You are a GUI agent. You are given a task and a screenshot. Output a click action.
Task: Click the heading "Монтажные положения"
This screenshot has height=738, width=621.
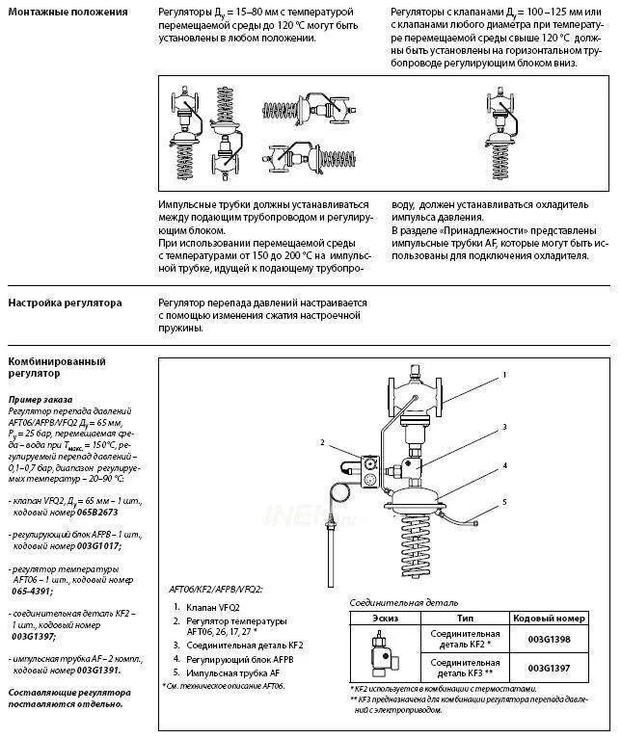[67, 13]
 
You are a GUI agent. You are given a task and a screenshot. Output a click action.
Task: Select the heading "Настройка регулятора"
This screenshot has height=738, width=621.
[65, 303]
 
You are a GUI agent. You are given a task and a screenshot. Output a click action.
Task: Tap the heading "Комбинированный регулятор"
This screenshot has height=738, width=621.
[56, 366]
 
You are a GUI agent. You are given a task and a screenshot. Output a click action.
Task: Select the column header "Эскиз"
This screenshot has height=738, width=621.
[380, 618]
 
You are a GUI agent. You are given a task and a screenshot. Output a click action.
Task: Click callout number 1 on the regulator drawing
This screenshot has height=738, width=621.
[504, 374]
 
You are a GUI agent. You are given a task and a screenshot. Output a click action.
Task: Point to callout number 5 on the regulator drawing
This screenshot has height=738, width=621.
[504, 503]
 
